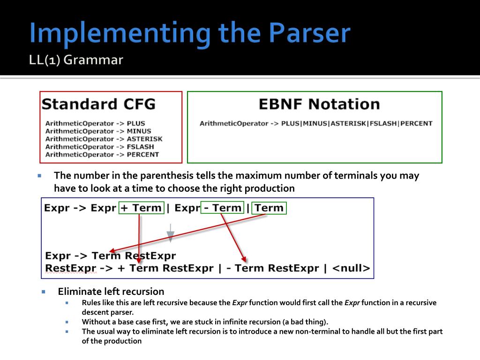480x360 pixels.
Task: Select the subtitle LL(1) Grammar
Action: click(x=76, y=60)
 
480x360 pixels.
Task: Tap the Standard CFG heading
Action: click(x=98, y=104)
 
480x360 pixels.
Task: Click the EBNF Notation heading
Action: click(x=319, y=104)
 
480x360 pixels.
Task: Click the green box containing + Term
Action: click(x=142, y=208)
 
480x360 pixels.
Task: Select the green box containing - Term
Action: click(x=222, y=208)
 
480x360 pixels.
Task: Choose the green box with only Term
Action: click(x=269, y=208)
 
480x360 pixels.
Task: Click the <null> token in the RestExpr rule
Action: click(x=351, y=269)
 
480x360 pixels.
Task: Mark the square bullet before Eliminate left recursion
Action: click(x=44, y=292)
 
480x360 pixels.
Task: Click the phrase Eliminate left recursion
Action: click(x=111, y=292)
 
